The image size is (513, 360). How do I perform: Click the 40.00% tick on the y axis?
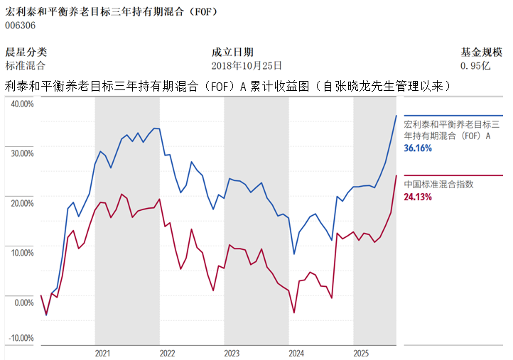(x=21, y=104)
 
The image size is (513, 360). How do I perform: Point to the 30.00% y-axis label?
(x=21, y=153)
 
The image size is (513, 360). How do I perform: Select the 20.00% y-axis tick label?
(x=21, y=203)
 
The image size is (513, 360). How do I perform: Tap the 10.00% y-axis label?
(x=21, y=253)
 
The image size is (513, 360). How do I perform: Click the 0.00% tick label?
(x=23, y=302)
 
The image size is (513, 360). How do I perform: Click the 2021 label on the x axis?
(x=102, y=353)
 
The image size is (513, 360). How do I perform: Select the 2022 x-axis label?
(x=167, y=353)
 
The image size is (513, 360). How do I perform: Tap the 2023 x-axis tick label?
(x=232, y=353)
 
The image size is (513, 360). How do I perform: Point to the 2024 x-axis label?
(x=296, y=353)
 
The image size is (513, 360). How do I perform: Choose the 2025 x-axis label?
(x=361, y=353)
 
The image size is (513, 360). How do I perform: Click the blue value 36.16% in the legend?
(x=418, y=148)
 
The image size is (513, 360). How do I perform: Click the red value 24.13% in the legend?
(x=418, y=197)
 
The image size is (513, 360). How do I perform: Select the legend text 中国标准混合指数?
(x=438, y=184)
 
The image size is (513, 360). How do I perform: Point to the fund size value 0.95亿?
(x=475, y=65)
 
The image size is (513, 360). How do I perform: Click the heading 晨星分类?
(x=26, y=52)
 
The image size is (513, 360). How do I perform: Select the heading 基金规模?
(x=482, y=52)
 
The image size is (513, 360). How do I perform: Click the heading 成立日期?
(x=232, y=52)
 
